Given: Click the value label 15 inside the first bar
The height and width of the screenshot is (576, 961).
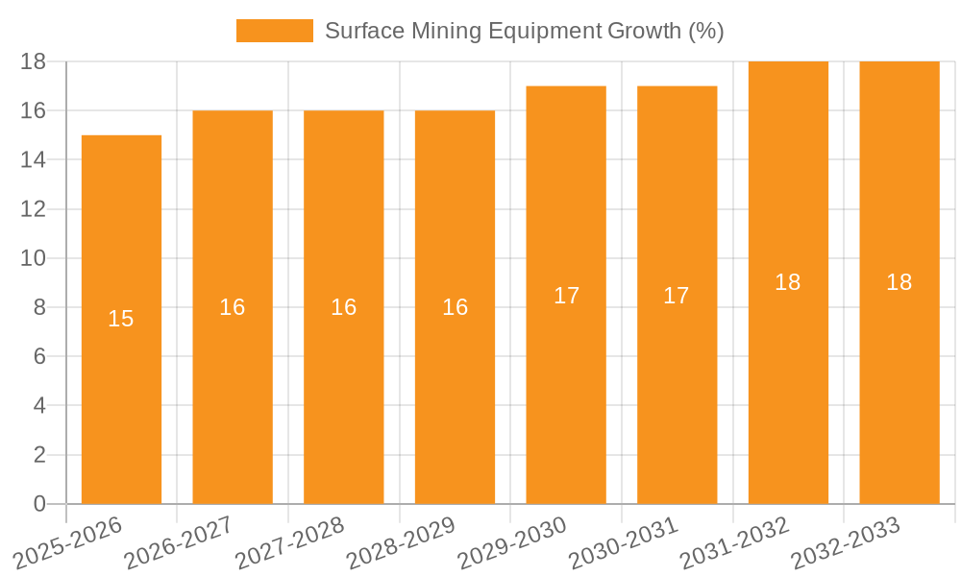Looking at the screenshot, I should pos(121,319).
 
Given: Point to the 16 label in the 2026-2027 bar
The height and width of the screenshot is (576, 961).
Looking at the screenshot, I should pos(233,307).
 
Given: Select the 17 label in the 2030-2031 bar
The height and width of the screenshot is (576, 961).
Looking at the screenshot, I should pos(677,296).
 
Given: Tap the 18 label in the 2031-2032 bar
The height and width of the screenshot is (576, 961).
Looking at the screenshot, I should pos(788,282).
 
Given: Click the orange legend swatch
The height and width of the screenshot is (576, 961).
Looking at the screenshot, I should pos(275,31).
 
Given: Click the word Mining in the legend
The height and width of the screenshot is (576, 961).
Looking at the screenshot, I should pos(445,31).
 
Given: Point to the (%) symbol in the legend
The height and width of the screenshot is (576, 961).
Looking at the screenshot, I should pos(706,31).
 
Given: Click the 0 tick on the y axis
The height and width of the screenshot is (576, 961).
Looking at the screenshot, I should pos(39,504).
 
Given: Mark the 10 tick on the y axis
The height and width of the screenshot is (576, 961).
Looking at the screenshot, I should pos(34,258).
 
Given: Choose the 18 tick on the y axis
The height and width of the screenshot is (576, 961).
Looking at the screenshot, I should pos(34,61).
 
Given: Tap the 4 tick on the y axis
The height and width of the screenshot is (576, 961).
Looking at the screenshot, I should pos(39,406).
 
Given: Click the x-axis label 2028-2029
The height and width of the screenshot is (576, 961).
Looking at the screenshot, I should pos(401,543).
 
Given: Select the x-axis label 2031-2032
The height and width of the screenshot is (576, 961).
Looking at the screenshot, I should pos(734,543).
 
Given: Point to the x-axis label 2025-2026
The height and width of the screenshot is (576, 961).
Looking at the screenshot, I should pos(68,543).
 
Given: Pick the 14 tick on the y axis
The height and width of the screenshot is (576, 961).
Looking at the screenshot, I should pos(34,159).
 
